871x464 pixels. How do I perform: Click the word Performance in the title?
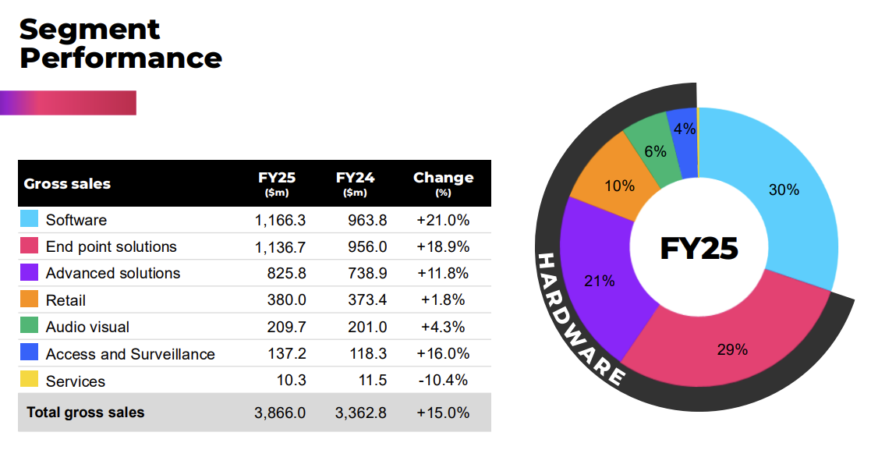121,58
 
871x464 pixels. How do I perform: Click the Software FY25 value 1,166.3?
280,220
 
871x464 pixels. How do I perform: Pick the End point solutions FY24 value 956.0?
366,246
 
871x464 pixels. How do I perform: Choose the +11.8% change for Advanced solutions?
443,273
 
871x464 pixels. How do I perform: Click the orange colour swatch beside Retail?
29,299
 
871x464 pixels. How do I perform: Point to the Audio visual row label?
87,327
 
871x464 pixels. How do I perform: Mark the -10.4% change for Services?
442,381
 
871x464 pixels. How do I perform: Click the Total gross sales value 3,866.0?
280,413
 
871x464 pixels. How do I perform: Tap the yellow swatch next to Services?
29,380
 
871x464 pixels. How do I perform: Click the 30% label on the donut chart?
784,189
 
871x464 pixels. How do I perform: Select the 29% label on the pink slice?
732,349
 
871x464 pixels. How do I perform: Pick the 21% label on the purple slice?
599,281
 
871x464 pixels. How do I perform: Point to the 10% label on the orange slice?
619,186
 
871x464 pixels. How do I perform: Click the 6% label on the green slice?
655,151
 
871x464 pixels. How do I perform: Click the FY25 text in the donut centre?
698,248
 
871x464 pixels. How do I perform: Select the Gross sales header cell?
67,184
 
